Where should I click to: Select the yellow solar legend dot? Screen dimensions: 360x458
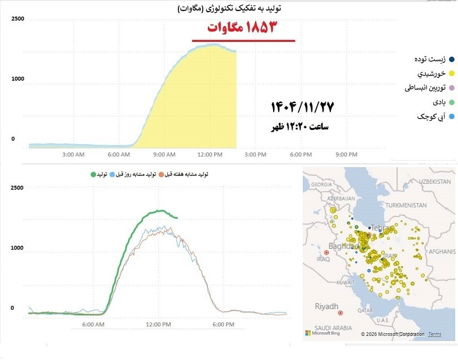452,74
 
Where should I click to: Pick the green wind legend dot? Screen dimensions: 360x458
452,102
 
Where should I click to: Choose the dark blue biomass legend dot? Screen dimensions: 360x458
452,60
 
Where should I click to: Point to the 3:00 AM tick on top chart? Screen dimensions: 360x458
74,155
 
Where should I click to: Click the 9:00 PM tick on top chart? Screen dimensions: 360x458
346,155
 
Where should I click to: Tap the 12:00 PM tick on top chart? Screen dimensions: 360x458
210,155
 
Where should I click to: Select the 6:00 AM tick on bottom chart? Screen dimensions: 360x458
93,325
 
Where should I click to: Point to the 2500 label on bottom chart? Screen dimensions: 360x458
17,188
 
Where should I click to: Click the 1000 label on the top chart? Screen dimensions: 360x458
17,78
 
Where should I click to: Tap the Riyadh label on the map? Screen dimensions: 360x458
327,306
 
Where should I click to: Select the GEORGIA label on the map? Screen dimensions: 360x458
321,185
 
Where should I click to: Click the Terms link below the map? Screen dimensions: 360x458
435,334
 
